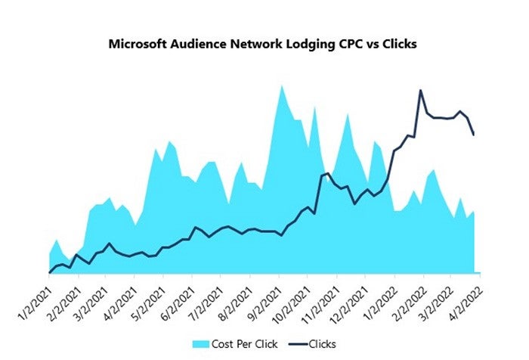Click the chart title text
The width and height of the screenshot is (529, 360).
pyautogui.click(x=264, y=43)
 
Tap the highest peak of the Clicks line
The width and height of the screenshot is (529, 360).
pyautogui.click(x=421, y=91)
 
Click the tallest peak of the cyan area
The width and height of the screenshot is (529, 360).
pyautogui.click(x=282, y=85)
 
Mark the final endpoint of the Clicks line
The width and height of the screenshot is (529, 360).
pyautogui.click(x=474, y=135)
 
